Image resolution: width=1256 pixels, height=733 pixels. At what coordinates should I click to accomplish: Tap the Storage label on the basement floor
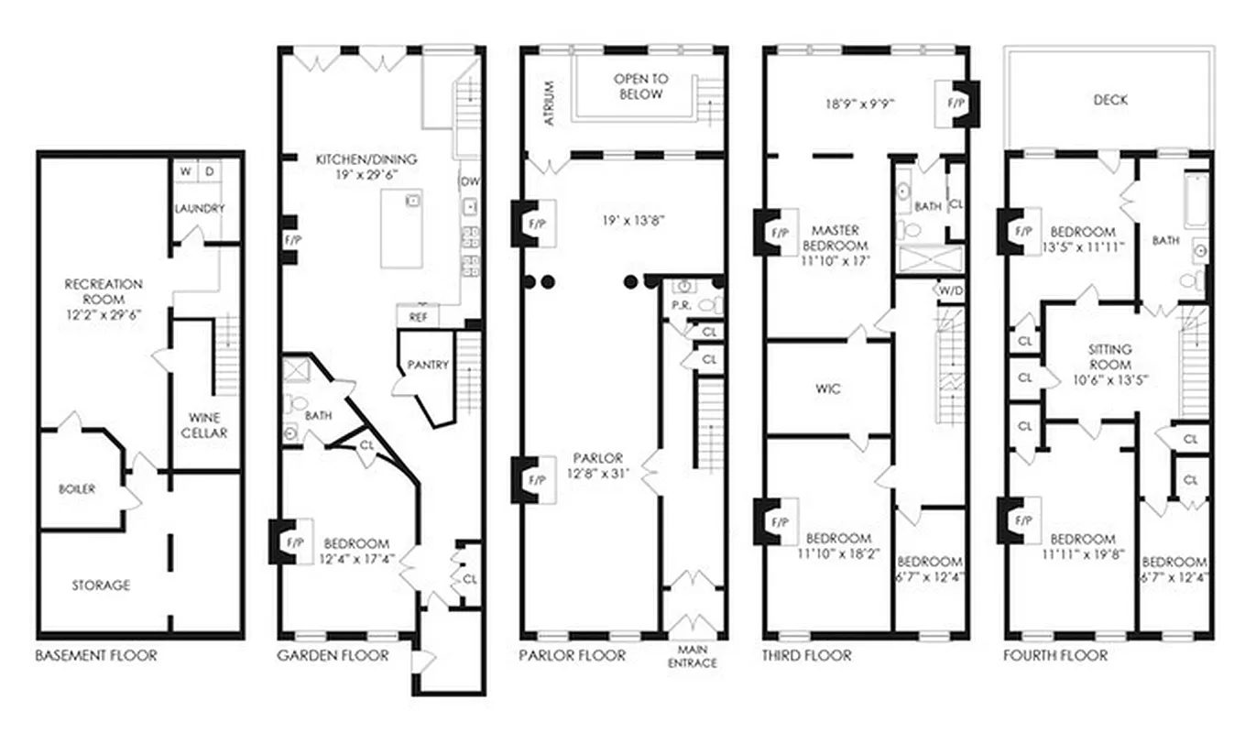pyautogui.click(x=101, y=585)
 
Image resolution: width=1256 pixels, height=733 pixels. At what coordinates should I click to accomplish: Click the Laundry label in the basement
pyautogui.click(x=200, y=209)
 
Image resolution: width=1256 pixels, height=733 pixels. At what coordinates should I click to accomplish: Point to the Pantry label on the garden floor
pyautogui.click(x=428, y=365)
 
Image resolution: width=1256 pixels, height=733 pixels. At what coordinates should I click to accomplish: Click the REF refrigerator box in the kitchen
pyautogui.click(x=418, y=317)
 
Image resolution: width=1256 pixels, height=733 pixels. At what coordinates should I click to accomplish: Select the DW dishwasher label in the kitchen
pyautogui.click(x=470, y=181)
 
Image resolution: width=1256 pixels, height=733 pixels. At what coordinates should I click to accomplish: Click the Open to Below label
pyautogui.click(x=640, y=86)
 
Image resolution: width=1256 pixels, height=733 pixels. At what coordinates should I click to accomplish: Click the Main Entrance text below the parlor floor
pyautogui.click(x=692, y=656)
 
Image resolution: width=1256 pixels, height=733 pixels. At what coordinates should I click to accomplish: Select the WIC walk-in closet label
pyautogui.click(x=827, y=388)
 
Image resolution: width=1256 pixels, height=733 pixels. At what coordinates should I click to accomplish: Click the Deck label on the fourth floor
pyautogui.click(x=1109, y=100)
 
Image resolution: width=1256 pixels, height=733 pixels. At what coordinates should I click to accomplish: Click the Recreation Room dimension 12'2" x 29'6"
pyautogui.click(x=103, y=314)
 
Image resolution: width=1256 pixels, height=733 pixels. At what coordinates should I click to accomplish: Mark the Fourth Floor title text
pyautogui.click(x=1054, y=655)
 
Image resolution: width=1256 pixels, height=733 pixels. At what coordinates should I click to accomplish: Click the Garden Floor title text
pyautogui.click(x=333, y=655)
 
